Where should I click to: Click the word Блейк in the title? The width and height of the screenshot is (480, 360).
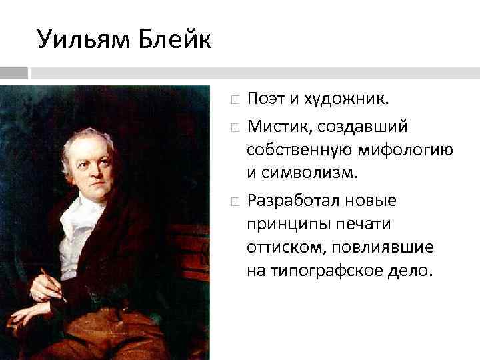click(x=175, y=39)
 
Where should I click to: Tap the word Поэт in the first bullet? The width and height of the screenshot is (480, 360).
click(x=265, y=99)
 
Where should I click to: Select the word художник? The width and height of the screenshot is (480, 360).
click(x=347, y=99)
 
